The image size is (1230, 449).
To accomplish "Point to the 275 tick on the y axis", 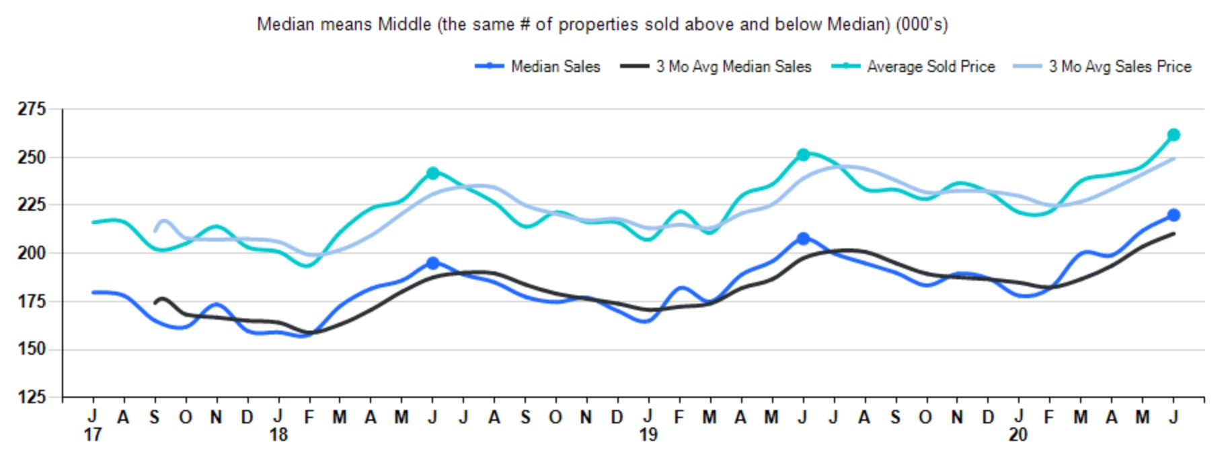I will pyautogui.click(x=32, y=109).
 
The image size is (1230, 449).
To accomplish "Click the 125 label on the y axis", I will pyautogui.click(x=32, y=396).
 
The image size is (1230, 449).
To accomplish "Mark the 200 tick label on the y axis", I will pyautogui.click(x=32, y=253).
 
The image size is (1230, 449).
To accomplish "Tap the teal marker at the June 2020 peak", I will pyautogui.click(x=1174, y=135).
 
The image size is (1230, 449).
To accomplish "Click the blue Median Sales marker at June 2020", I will pyautogui.click(x=1174, y=215).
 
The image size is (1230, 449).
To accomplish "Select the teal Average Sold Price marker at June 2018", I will pyautogui.click(x=432, y=173).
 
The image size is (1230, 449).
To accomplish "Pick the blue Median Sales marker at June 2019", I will pyautogui.click(x=802, y=238).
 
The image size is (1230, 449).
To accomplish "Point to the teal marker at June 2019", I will pyautogui.click(x=802, y=155).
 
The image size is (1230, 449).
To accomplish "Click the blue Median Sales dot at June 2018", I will pyautogui.click(x=432, y=263).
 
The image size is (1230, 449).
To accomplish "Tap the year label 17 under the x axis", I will pyautogui.click(x=92, y=435).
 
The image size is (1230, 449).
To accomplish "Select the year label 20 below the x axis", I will pyautogui.click(x=1018, y=435).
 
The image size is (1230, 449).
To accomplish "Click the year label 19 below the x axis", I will pyautogui.click(x=648, y=435).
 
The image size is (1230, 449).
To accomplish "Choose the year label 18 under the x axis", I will pyautogui.click(x=278, y=435).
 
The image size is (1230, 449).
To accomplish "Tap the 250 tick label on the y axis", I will pyautogui.click(x=32, y=158).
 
